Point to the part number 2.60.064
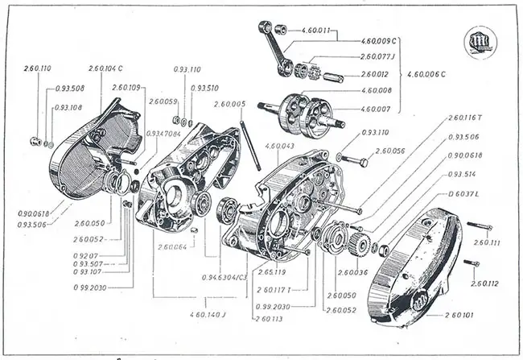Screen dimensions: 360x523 tap(173, 246)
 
